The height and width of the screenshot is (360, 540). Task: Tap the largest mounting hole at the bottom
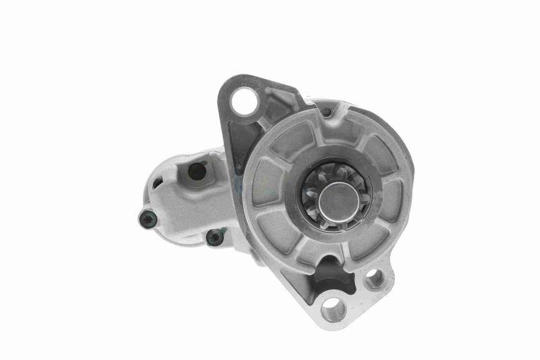coord(333,309)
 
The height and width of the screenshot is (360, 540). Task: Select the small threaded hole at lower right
coord(374,277)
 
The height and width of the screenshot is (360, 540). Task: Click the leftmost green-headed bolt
coord(148,217)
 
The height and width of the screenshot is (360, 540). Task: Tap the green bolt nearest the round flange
coord(214,237)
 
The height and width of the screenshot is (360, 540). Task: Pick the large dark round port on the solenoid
coord(196,172)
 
